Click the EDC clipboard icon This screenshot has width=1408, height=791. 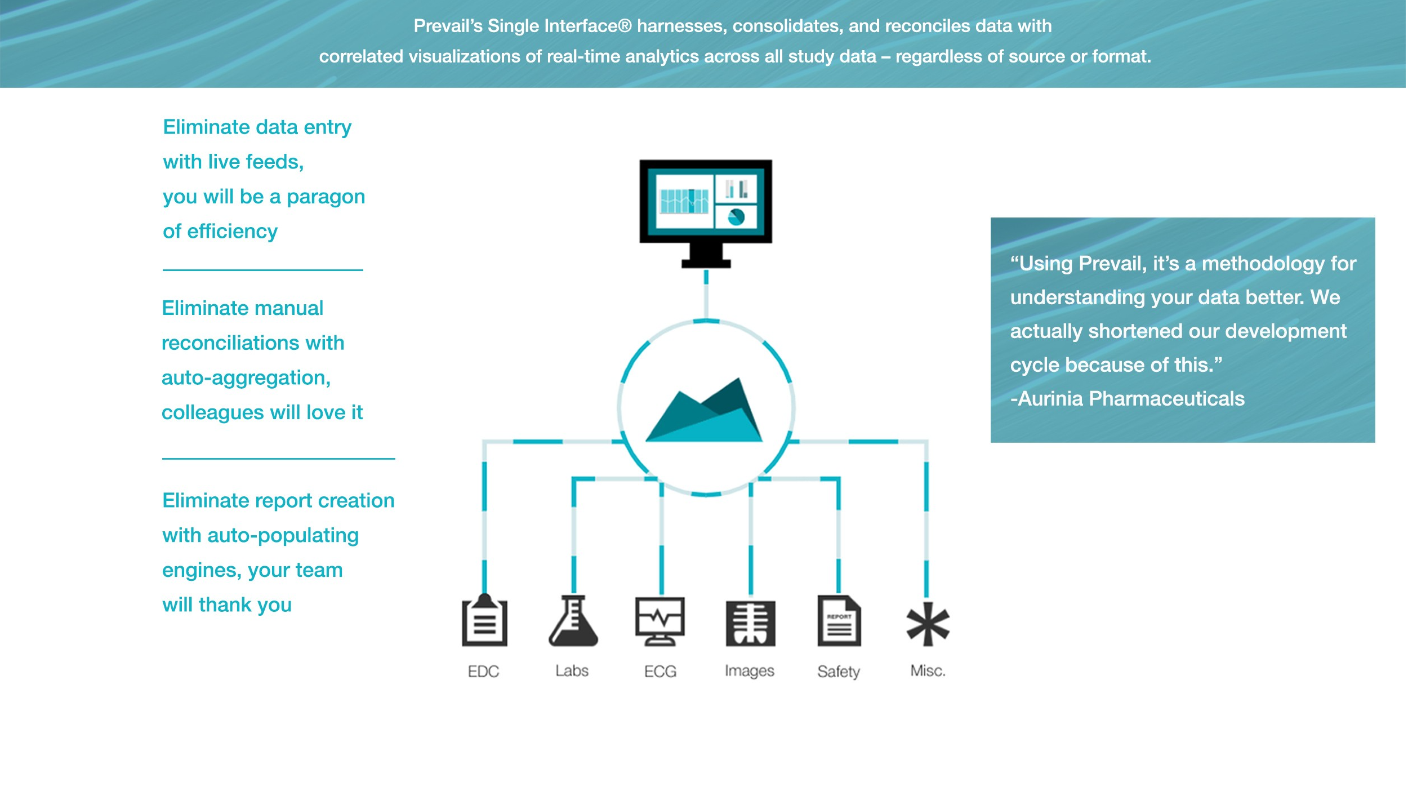pos(484,621)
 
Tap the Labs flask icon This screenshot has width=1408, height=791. pos(573,621)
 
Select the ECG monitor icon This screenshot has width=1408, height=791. pos(660,621)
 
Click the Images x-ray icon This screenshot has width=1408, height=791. pos(750,623)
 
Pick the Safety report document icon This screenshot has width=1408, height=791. pos(839,621)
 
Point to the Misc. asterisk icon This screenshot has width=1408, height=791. pos(928,624)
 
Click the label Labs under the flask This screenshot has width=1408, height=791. pos(572,670)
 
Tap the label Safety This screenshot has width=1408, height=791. pos(838,672)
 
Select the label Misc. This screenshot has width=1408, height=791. pos(928,670)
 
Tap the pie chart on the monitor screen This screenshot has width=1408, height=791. pos(736,216)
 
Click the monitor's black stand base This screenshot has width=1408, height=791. pos(706,263)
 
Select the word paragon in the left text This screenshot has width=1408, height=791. pos(326,197)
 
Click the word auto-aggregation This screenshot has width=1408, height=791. pos(246,378)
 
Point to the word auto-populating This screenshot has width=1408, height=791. pos(283,536)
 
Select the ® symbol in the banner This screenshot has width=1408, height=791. pos(625,26)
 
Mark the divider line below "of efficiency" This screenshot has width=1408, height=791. pos(262,270)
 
